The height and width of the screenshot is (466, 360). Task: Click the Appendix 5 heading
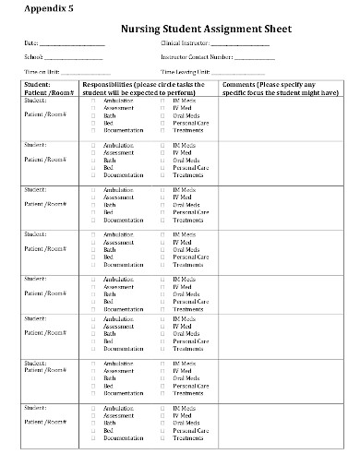tap(34, 10)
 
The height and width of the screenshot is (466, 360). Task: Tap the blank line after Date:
tap(72, 44)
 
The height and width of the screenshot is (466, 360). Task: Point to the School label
tap(32, 57)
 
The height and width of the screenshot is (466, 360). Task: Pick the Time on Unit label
tap(42, 72)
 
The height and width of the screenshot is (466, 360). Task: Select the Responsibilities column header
tap(153, 88)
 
